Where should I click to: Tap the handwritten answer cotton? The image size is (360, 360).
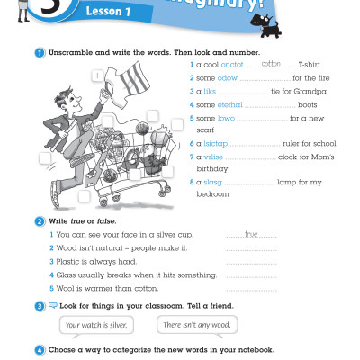point(259,63)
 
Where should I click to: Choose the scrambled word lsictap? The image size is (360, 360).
point(217,143)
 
